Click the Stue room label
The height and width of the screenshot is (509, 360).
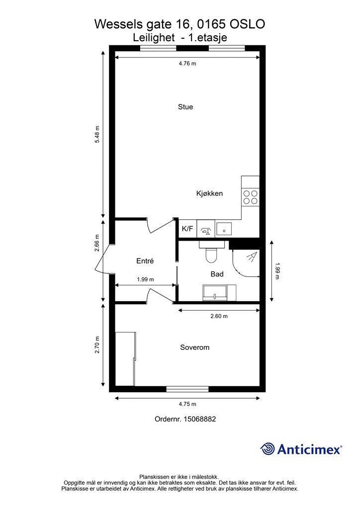coord(185,107)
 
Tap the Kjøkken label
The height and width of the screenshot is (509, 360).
coord(209,193)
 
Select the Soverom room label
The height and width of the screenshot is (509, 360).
coord(194,347)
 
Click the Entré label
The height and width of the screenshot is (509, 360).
coord(145,261)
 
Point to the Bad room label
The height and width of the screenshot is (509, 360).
coord(217,274)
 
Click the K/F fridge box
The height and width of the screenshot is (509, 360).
coord(187,229)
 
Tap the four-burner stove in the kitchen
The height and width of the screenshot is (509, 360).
coord(250,197)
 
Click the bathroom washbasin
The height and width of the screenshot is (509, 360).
coord(215,293)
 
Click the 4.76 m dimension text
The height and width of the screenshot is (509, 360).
coord(187,64)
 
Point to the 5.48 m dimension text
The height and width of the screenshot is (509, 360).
coord(97,134)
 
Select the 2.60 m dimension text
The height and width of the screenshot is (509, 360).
coord(219,316)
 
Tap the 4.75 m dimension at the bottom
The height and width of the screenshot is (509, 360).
coord(187,404)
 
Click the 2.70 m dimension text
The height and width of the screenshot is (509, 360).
coord(97,345)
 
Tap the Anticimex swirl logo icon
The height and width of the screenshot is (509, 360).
coord(268,449)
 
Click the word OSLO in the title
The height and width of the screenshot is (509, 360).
coord(248,23)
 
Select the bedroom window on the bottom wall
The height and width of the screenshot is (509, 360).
coord(187,389)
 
